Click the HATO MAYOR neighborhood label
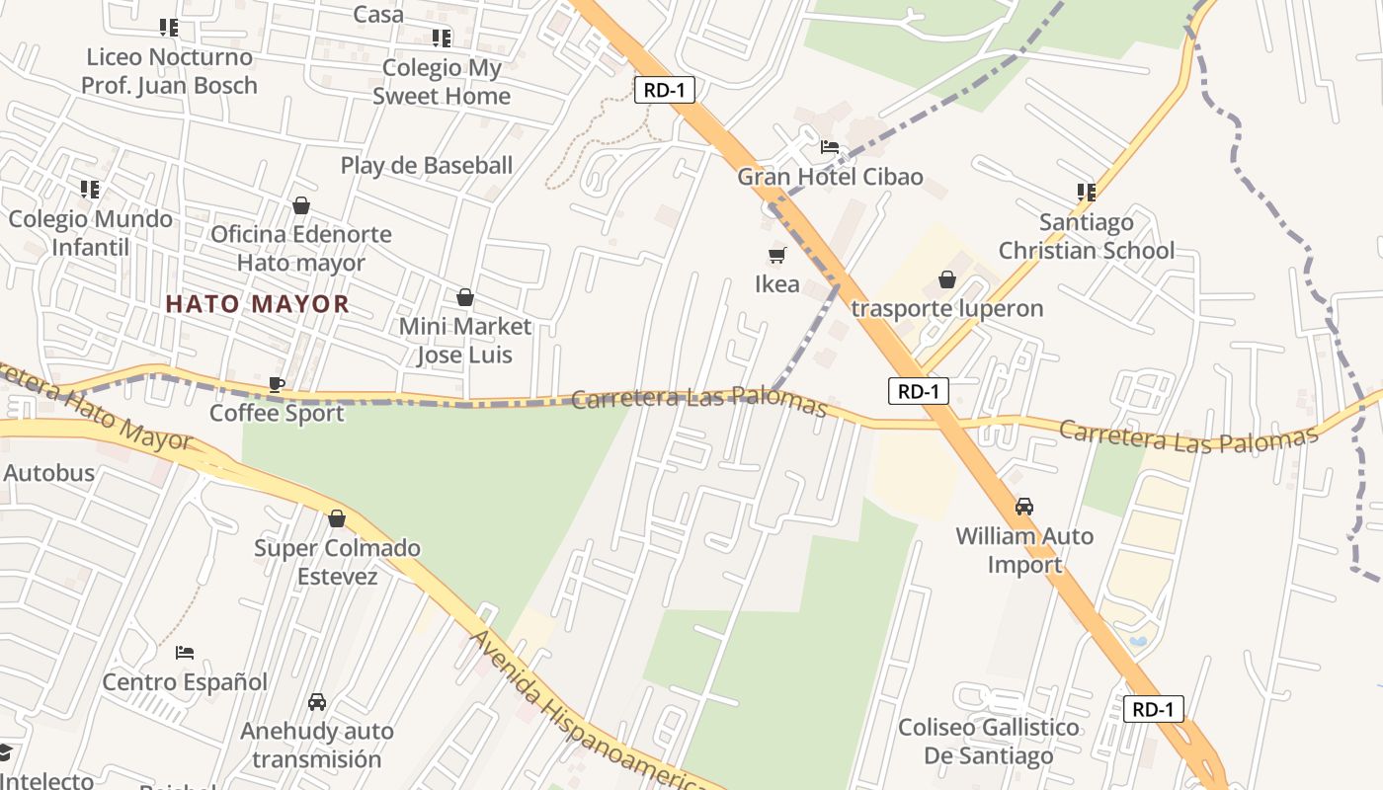(257, 304)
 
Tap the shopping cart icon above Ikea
(777, 256)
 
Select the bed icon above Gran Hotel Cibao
(830, 148)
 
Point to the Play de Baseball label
(427, 165)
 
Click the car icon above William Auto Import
(1024, 507)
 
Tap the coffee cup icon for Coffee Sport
(277, 384)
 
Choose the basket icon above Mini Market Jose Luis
(464, 297)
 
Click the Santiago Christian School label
(1087, 237)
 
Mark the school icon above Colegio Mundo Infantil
(90, 189)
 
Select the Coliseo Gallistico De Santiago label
(988, 742)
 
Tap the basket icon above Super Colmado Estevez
(337, 518)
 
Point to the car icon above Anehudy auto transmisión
(316, 702)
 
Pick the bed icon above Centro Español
(185, 653)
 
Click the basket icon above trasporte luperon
(947, 280)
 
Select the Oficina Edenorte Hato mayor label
(301, 249)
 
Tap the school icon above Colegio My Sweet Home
(442, 39)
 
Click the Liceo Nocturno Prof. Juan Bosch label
(169, 71)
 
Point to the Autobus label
(49, 473)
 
